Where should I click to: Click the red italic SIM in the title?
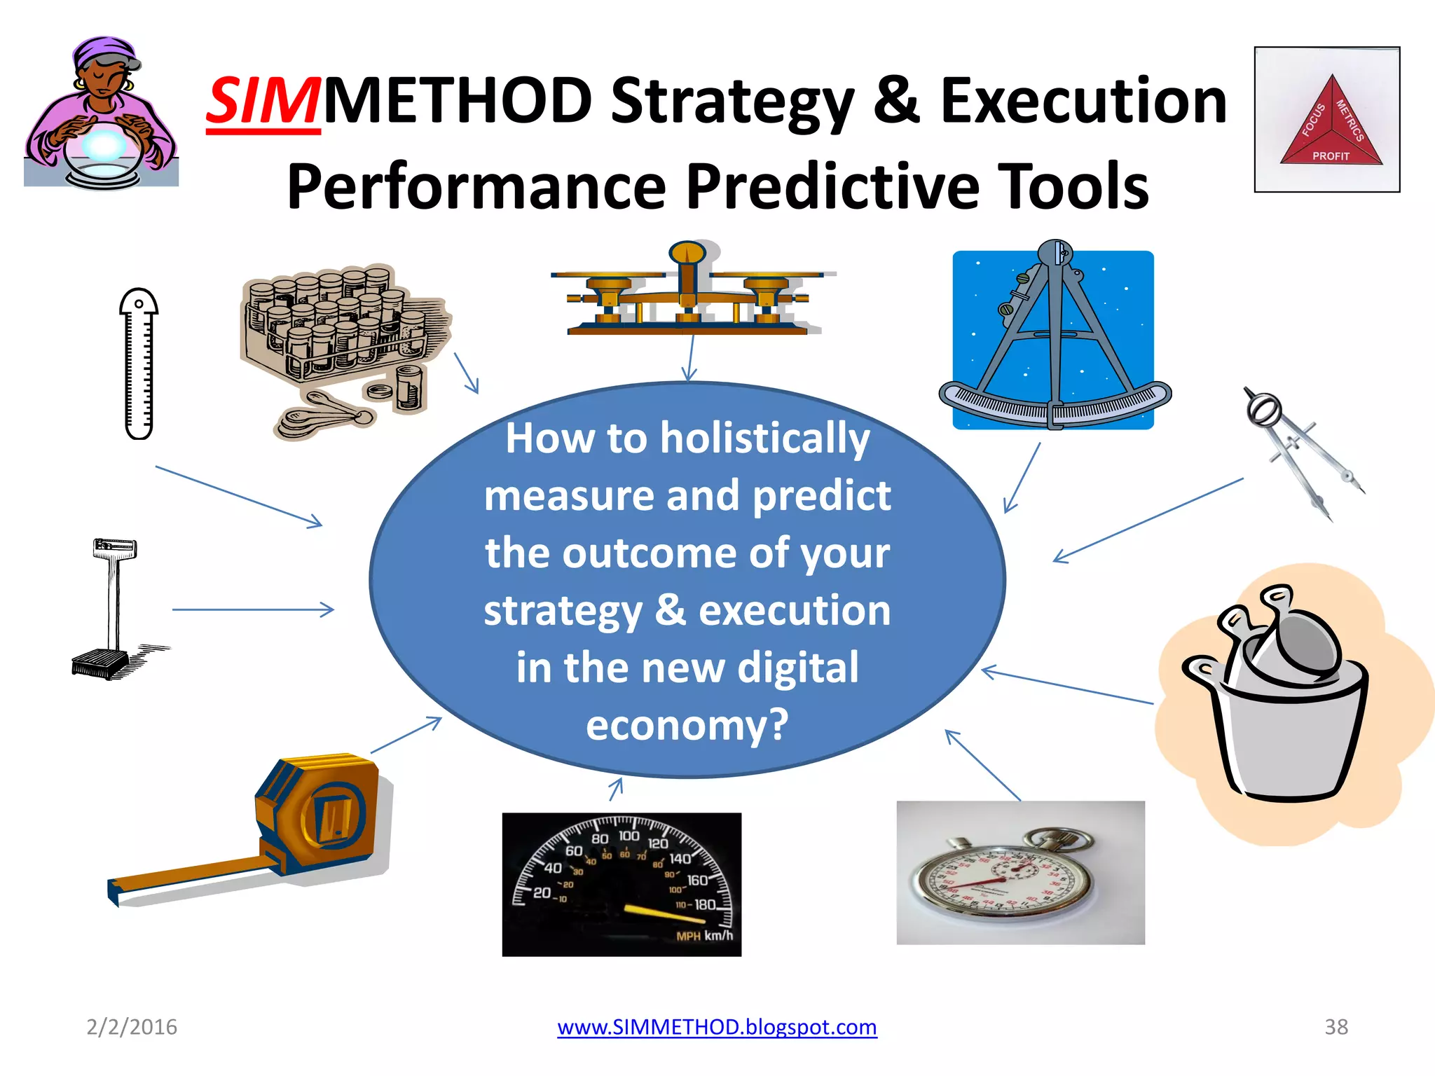263,102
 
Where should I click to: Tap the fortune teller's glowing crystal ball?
104,146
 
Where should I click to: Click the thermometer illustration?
139,364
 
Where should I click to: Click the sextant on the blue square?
1053,340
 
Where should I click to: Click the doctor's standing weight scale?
112,609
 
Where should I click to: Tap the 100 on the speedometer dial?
629,836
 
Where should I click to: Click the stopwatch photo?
1020,873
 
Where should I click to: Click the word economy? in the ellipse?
687,725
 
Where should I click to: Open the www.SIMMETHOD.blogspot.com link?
717,1027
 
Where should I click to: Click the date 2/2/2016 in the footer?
132,1027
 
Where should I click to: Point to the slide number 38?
1336,1027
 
